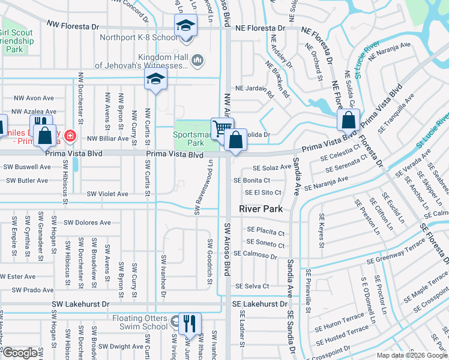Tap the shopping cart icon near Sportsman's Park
pyautogui.click(x=221, y=127)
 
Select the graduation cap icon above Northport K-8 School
pyautogui.click(x=185, y=26)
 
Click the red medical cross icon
pyautogui.click(x=70, y=136)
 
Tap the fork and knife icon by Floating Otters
pyautogui.click(x=189, y=323)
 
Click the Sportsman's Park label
pyautogui.click(x=192, y=139)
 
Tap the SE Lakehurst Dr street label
pyautogui.click(x=260, y=304)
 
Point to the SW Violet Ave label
pyautogui.click(x=107, y=194)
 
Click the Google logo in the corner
pyautogui.click(x=20, y=353)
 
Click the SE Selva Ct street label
pyautogui.click(x=252, y=286)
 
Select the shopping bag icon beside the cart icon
pyautogui.click(x=237, y=140)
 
